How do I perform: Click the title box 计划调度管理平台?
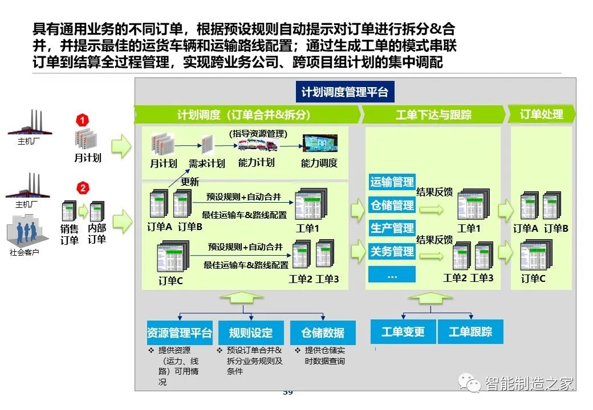pos(344,92)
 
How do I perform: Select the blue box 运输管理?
pos(392,182)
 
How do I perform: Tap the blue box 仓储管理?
pos(392,205)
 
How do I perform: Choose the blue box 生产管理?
pos(392,228)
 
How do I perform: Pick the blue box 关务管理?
pos(392,251)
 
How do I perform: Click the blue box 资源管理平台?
pos(179,333)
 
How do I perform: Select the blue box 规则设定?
pos(251,333)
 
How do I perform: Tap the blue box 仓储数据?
pos(323,333)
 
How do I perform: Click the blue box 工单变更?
pos(403,331)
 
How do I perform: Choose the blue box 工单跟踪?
pos(470,331)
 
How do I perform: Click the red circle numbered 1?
pos(83,120)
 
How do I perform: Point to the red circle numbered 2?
pos(83,188)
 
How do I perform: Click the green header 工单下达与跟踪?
pos(433,114)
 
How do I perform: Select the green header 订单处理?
pos(541,114)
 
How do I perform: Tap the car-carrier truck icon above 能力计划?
pos(257,145)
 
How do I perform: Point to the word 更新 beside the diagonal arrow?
pos(190,182)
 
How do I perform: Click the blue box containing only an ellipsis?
pos(392,274)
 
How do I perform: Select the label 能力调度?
pos(319,163)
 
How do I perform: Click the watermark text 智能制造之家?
pos(529,384)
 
